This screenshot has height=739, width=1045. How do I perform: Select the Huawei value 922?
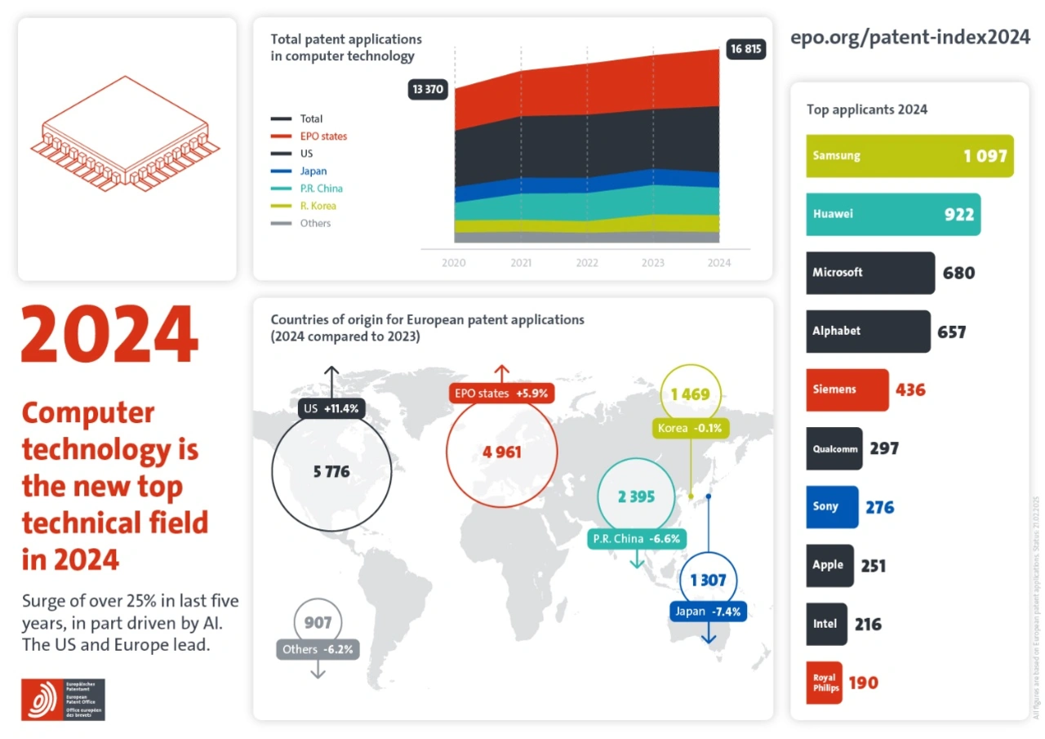pyautogui.click(x=958, y=214)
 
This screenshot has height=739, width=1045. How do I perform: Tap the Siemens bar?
pyautogui.click(x=847, y=390)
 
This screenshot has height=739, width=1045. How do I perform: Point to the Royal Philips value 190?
pyautogui.click(x=863, y=682)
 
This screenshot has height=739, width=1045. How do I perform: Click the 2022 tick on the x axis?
pyautogui.click(x=587, y=263)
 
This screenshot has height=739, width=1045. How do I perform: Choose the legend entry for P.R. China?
pyautogui.click(x=320, y=189)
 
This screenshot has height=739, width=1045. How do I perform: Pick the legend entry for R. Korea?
pyautogui.click(x=317, y=206)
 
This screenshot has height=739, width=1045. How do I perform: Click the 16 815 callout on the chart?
pyautogui.click(x=745, y=49)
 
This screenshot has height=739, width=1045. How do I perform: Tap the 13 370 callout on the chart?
pyautogui.click(x=428, y=90)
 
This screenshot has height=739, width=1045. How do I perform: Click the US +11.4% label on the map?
pyautogui.click(x=331, y=408)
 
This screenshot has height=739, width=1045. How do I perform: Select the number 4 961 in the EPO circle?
pyautogui.click(x=501, y=452)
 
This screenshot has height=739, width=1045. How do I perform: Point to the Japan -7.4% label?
pyautogui.click(x=708, y=611)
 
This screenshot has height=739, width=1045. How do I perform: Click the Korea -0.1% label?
pyautogui.click(x=690, y=428)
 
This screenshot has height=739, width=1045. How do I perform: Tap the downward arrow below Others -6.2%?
pyautogui.click(x=318, y=669)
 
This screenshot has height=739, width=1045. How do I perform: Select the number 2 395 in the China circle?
pyautogui.click(x=636, y=496)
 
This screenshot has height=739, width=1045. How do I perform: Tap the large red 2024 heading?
pyautogui.click(x=109, y=335)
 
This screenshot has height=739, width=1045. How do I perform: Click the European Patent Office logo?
pyautogui.click(x=63, y=700)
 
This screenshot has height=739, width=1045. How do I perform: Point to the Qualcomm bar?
pyautogui.click(x=834, y=448)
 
